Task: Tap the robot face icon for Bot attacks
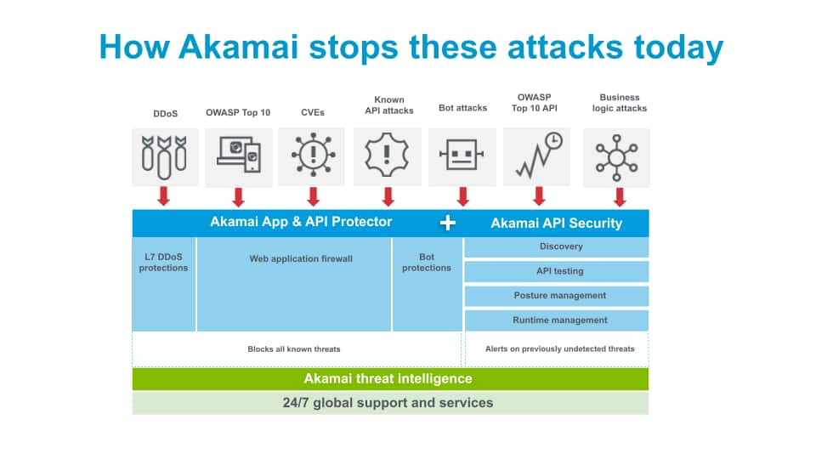coord(462,157)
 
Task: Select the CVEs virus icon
coord(313,157)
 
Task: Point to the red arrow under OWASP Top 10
coord(239,197)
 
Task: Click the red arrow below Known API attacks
coord(388,197)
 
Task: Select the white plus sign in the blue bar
coord(448,223)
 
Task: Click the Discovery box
coord(557,247)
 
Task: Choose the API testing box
coord(557,272)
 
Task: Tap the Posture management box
coord(557,296)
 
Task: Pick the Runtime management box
coord(557,320)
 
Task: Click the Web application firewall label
coord(301,258)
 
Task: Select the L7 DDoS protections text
coord(164,262)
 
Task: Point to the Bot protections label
coord(427,262)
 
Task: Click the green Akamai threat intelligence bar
coord(390,379)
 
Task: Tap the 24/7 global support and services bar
coord(390,403)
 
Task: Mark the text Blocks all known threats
coord(294,349)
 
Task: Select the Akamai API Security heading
coord(557,224)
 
